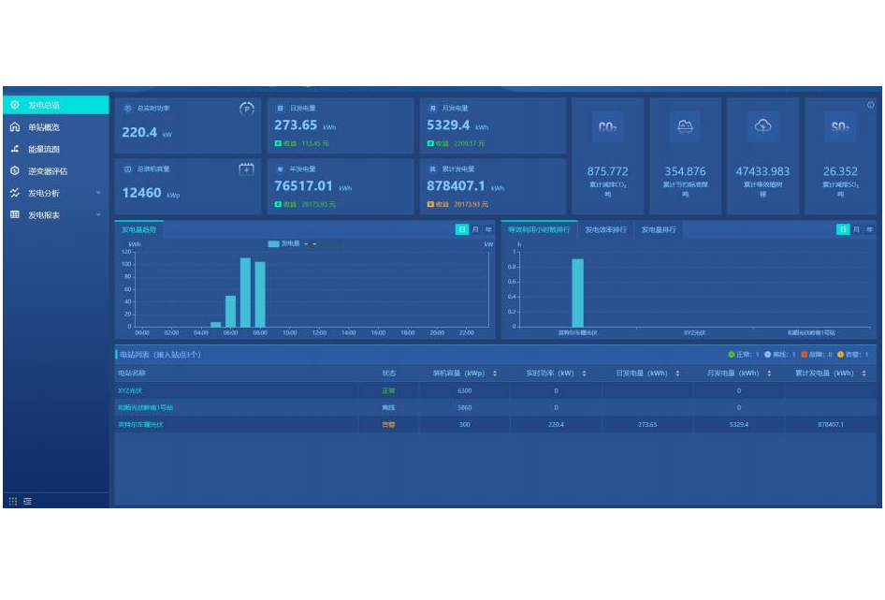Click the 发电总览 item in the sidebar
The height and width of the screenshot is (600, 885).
(x=44, y=105)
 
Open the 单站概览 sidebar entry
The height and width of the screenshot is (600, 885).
(x=44, y=127)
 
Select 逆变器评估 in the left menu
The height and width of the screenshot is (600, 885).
(x=48, y=171)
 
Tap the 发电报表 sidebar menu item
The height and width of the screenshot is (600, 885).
(x=44, y=215)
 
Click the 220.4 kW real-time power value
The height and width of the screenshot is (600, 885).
(x=140, y=133)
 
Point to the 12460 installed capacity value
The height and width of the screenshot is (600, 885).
(x=142, y=193)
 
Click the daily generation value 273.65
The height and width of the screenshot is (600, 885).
(x=296, y=125)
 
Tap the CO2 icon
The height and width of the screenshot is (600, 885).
(x=607, y=127)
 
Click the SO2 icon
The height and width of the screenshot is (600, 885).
(x=839, y=127)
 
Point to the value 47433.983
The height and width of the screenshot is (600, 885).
(x=762, y=171)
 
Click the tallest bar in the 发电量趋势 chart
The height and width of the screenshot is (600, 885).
(x=245, y=292)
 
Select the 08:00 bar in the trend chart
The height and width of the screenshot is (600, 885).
(x=260, y=294)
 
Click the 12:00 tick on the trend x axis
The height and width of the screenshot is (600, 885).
(x=319, y=332)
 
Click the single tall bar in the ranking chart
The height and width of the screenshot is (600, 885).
(x=577, y=293)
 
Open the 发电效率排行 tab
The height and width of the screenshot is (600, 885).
(x=604, y=229)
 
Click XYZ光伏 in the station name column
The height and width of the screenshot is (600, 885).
(x=132, y=390)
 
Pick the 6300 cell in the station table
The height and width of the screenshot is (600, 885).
(x=464, y=390)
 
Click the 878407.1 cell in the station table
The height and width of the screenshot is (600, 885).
(x=830, y=425)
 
